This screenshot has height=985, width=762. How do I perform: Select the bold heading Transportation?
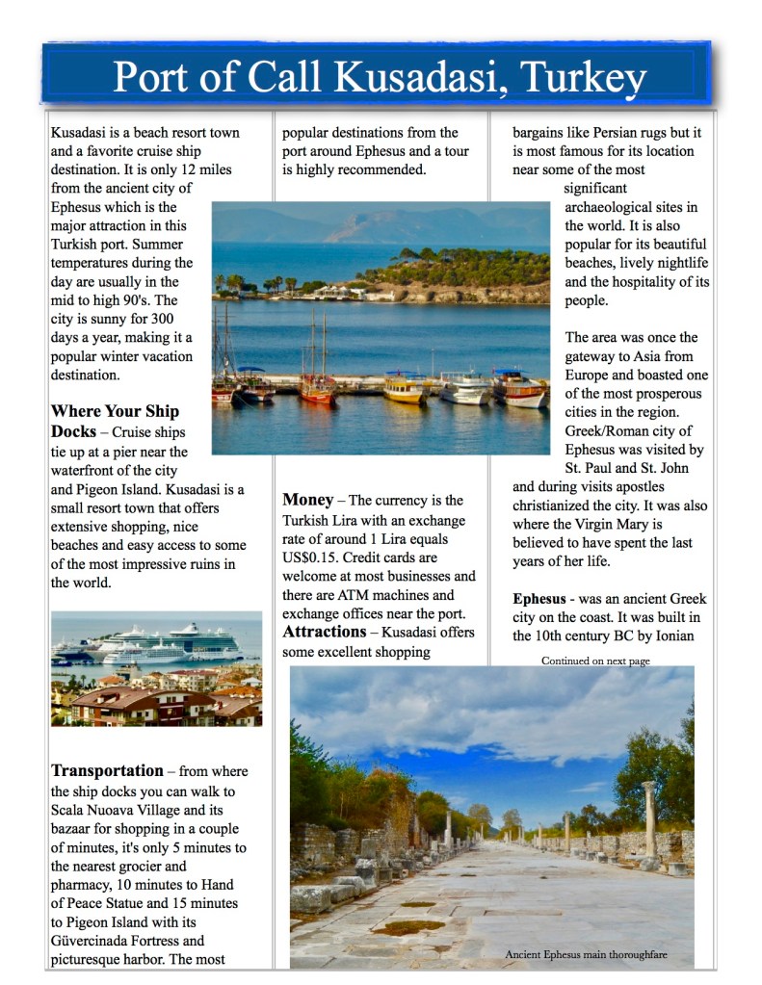click(x=107, y=770)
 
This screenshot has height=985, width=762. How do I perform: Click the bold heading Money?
click(x=307, y=500)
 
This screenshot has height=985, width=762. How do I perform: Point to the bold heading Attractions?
click(x=324, y=633)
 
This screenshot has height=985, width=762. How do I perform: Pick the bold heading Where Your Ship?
click(x=115, y=412)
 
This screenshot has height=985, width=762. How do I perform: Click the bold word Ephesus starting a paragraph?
click(x=539, y=599)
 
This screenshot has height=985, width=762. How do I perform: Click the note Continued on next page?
click(x=595, y=661)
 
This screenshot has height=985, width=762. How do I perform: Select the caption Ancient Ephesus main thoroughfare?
click(x=586, y=954)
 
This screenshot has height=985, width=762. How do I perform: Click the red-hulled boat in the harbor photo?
click(x=317, y=388)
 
